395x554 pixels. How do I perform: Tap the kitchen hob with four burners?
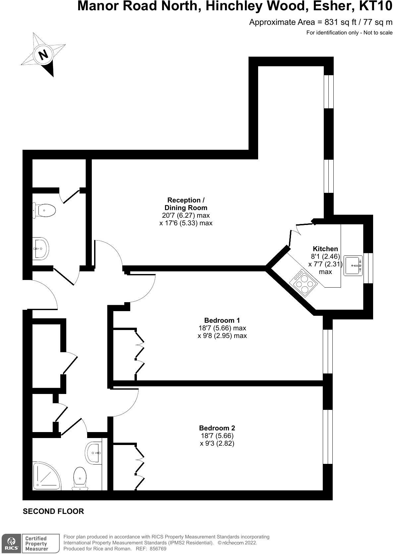(304, 282)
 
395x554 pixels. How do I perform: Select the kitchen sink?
(353, 265)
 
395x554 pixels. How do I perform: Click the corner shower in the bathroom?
(45, 476)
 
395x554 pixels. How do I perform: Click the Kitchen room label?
(325, 249)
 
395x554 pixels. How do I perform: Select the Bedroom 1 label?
(222, 320)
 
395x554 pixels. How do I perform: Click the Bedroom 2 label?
(217, 428)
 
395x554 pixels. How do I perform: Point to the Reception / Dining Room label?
(186, 204)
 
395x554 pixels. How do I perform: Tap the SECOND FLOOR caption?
(53, 511)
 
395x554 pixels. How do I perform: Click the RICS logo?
(11, 543)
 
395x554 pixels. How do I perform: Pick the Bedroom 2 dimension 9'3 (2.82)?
(217, 443)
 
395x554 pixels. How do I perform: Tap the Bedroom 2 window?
(327, 436)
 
